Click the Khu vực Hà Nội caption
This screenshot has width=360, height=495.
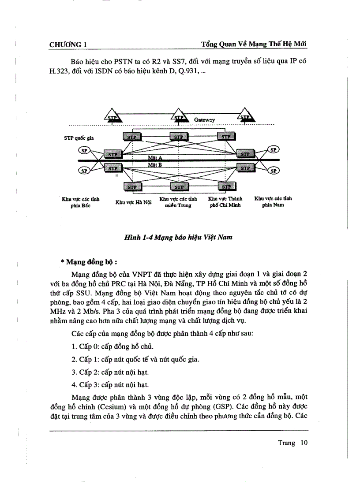[134, 202]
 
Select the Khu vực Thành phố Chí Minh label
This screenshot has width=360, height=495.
[225, 202]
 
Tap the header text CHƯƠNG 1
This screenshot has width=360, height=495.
[68, 45]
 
